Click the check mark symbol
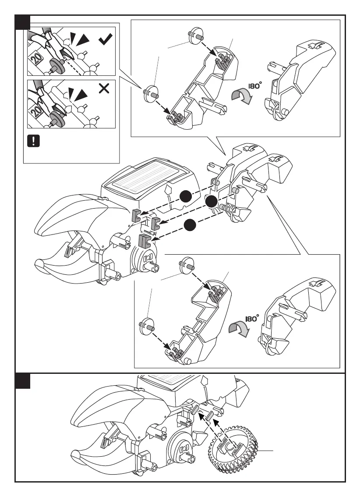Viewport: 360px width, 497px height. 106,41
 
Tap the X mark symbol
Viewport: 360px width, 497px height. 104,89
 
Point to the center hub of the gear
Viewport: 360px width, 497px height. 231,447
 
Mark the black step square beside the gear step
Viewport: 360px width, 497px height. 23,381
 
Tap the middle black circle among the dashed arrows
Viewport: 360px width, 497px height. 212,202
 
